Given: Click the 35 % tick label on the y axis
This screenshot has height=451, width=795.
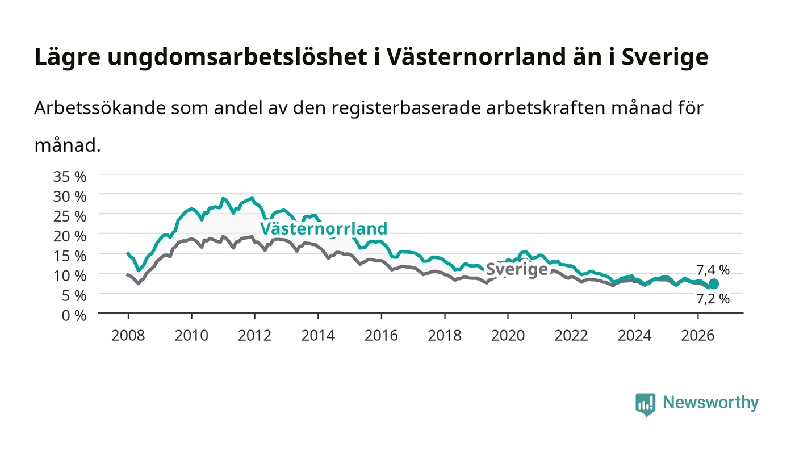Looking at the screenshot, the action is pyautogui.click(x=69, y=177).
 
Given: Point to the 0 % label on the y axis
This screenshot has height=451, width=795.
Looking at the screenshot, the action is pyautogui.click(x=74, y=315).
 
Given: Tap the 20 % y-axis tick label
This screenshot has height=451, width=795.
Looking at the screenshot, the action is pyautogui.click(x=69, y=236).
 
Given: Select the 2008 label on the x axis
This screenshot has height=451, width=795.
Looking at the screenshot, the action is pyautogui.click(x=128, y=336).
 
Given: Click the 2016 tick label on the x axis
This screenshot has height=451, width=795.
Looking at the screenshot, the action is pyautogui.click(x=381, y=336).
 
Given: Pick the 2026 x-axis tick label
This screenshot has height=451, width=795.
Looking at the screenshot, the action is pyautogui.click(x=698, y=336).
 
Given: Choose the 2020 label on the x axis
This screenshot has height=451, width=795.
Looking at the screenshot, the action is pyautogui.click(x=508, y=336).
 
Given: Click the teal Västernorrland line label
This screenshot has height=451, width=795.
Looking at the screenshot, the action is pyautogui.click(x=323, y=228).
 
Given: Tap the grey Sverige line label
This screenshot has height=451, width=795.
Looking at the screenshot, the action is pyautogui.click(x=516, y=269).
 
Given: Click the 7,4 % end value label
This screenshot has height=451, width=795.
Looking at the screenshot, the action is pyautogui.click(x=713, y=270).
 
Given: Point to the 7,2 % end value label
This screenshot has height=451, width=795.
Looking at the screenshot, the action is pyautogui.click(x=713, y=299).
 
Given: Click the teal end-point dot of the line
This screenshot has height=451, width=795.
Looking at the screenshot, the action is pyautogui.click(x=713, y=284).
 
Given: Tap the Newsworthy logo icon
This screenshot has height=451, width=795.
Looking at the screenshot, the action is pyautogui.click(x=645, y=404).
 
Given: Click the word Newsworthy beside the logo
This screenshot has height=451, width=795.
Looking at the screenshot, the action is pyautogui.click(x=710, y=403).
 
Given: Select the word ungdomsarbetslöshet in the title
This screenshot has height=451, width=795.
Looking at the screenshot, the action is pyautogui.click(x=237, y=57).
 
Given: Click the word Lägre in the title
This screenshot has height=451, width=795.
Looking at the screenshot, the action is pyautogui.click(x=68, y=57).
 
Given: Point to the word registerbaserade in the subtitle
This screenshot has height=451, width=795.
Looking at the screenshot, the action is pyautogui.click(x=406, y=108).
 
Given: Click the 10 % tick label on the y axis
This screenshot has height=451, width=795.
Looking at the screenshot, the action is pyautogui.click(x=69, y=276).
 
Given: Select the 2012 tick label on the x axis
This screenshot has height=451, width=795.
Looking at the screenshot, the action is pyautogui.click(x=254, y=336).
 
